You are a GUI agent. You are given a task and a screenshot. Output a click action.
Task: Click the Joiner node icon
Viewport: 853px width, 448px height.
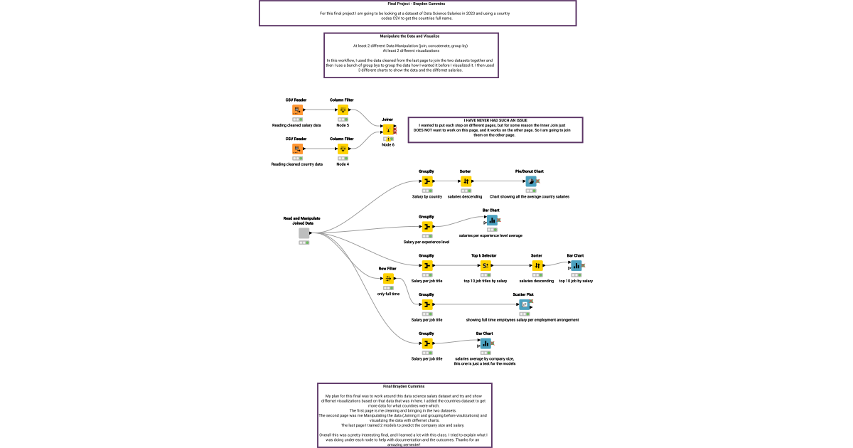click(x=387, y=130)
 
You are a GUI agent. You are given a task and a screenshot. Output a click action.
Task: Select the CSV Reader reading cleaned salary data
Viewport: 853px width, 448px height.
click(x=297, y=110)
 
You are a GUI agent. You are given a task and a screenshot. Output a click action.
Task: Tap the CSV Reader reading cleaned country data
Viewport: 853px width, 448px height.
click(x=297, y=149)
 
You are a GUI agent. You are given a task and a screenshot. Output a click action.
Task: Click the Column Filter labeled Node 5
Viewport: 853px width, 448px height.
click(x=343, y=110)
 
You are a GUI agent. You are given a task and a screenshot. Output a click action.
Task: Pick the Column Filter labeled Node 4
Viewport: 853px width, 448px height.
click(x=343, y=149)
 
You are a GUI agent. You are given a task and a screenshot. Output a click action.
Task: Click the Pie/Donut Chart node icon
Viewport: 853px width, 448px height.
click(x=530, y=181)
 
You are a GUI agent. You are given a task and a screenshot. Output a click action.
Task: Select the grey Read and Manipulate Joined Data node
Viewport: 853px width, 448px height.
click(x=304, y=233)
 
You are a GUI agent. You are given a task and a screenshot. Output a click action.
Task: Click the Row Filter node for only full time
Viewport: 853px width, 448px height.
click(x=388, y=279)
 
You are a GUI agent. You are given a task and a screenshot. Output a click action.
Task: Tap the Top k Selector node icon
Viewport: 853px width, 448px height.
click(x=485, y=265)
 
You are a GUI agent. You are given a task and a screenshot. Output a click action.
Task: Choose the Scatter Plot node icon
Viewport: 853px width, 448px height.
click(x=524, y=304)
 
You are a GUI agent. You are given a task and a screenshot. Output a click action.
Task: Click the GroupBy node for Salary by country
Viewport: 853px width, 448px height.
click(x=426, y=181)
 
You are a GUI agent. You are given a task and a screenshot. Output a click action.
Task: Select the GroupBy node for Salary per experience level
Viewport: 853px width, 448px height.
click(x=426, y=227)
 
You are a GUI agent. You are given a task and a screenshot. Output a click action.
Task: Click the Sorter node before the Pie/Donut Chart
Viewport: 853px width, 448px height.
click(x=466, y=181)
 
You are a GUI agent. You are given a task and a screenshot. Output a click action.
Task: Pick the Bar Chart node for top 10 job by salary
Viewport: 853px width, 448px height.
click(x=576, y=265)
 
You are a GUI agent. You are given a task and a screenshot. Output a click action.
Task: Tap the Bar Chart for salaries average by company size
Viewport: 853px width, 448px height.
click(x=485, y=343)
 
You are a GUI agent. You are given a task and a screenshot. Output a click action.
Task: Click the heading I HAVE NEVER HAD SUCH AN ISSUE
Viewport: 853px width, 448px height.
click(x=495, y=120)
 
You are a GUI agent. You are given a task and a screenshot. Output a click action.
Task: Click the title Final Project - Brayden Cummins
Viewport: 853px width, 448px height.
click(x=417, y=4)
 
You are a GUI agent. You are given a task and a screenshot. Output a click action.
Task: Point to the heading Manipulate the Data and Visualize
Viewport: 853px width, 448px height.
click(x=411, y=36)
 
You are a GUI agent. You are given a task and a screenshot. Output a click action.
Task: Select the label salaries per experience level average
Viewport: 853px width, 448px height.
click(x=490, y=235)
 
